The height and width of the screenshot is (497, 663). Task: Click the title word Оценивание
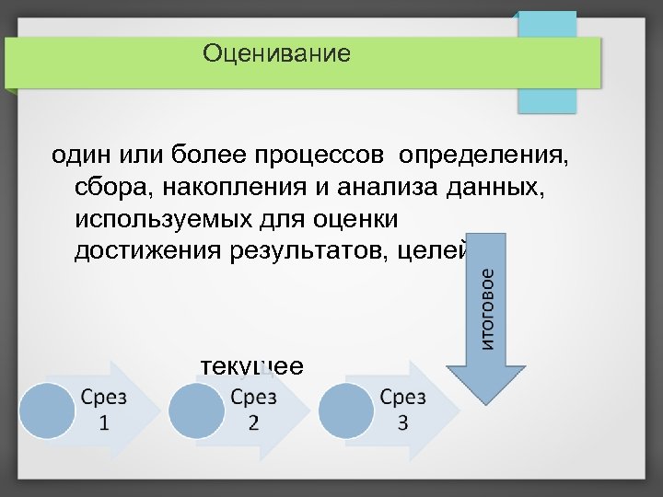(x=277, y=53)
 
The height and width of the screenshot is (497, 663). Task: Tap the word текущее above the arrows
(x=251, y=365)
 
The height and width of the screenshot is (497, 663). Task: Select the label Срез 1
(x=103, y=410)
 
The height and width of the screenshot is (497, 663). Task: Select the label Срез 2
(x=253, y=410)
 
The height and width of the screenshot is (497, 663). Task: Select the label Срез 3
(x=402, y=410)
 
